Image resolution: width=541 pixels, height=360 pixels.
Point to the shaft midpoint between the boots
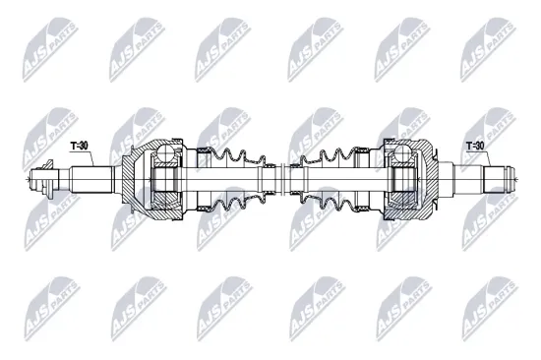point(280,180)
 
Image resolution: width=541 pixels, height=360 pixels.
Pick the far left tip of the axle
point(31,181)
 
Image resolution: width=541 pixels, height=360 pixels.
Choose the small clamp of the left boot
point(267,180)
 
